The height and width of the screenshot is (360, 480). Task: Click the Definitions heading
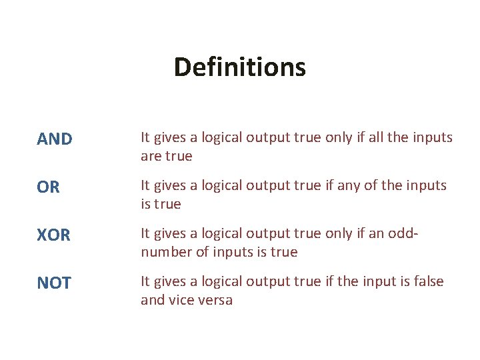pos(239,67)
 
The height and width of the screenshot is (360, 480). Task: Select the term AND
pos(55,139)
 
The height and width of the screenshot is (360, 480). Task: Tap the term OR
pos(49,188)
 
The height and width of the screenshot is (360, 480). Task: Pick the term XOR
pos(54,235)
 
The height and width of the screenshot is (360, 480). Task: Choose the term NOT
pos(54,283)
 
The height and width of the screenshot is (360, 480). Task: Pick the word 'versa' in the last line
pos(215,300)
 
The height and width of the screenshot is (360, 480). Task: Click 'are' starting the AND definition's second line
pos(151,156)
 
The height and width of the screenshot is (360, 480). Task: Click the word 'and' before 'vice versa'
pos(152,300)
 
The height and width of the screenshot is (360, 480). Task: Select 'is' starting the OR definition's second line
pos(145,204)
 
